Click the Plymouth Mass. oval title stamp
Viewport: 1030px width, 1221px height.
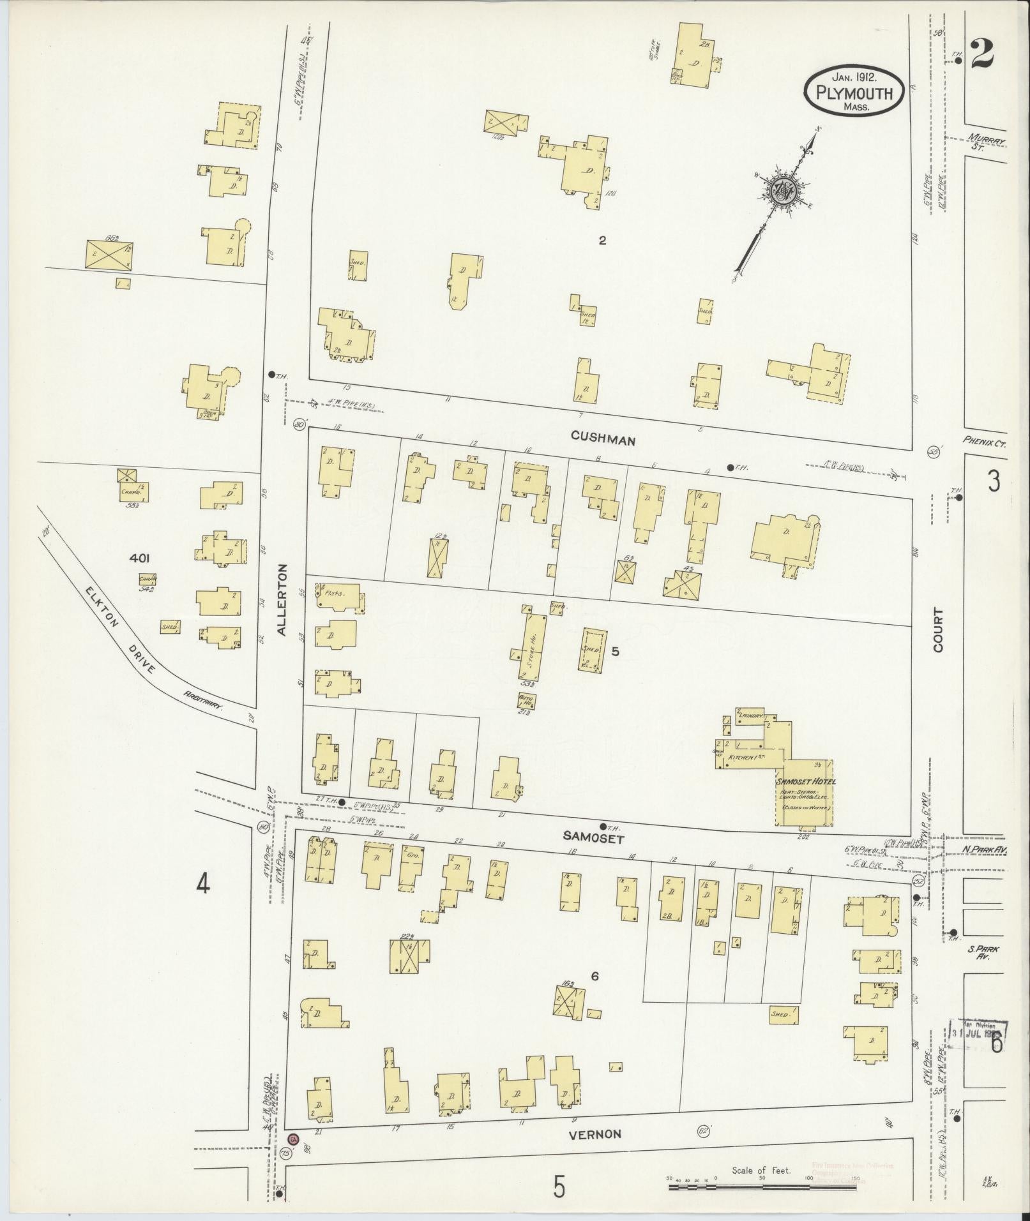click(854, 93)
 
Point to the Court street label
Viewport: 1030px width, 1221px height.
click(937, 629)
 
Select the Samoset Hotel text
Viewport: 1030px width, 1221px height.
click(805, 781)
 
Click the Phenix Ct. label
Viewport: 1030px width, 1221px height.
click(986, 442)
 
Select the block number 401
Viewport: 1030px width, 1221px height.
click(139, 558)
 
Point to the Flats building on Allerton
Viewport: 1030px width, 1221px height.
click(335, 593)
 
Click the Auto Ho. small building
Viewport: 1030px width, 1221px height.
click(527, 700)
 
